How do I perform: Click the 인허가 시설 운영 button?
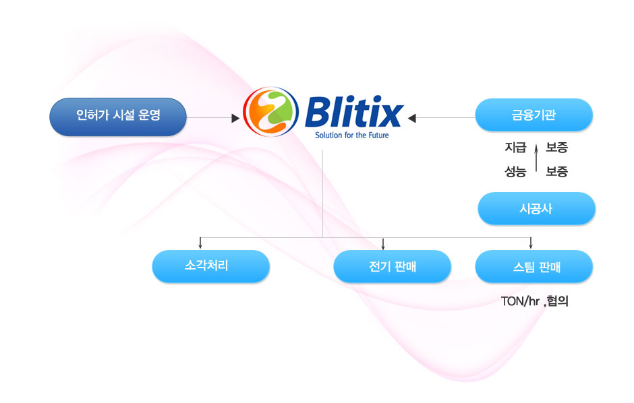click(x=118, y=116)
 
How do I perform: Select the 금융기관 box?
click(x=534, y=115)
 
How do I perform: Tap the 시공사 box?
click(x=536, y=208)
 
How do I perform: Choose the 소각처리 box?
click(x=210, y=266)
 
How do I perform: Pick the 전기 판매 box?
click(x=392, y=266)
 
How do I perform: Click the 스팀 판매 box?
click(x=534, y=266)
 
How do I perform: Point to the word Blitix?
click(x=353, y=112)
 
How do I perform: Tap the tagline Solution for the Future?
click(x=352, y=135)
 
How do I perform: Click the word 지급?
click(x=515, y=148)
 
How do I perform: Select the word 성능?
click(x=515, y=171)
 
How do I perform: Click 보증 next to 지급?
click(x=556, y=148)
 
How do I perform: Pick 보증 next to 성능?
click(x=556, y=171)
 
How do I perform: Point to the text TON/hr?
click(x=521, y=301)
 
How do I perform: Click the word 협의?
click(x=558, y=301)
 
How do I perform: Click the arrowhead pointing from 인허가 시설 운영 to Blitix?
click(x=235, y=118)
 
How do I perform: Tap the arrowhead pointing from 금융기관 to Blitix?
click(x=412, y=118)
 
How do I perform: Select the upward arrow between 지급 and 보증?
click(x=536, y=158)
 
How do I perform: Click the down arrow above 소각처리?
click(x=200, y=245)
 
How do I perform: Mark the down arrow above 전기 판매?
click(x=383, y=245)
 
